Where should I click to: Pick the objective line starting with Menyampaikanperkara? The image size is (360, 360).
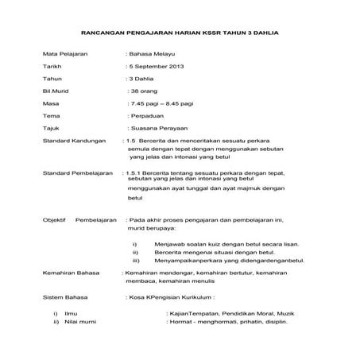pyautogui.click(x=230, y=261)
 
